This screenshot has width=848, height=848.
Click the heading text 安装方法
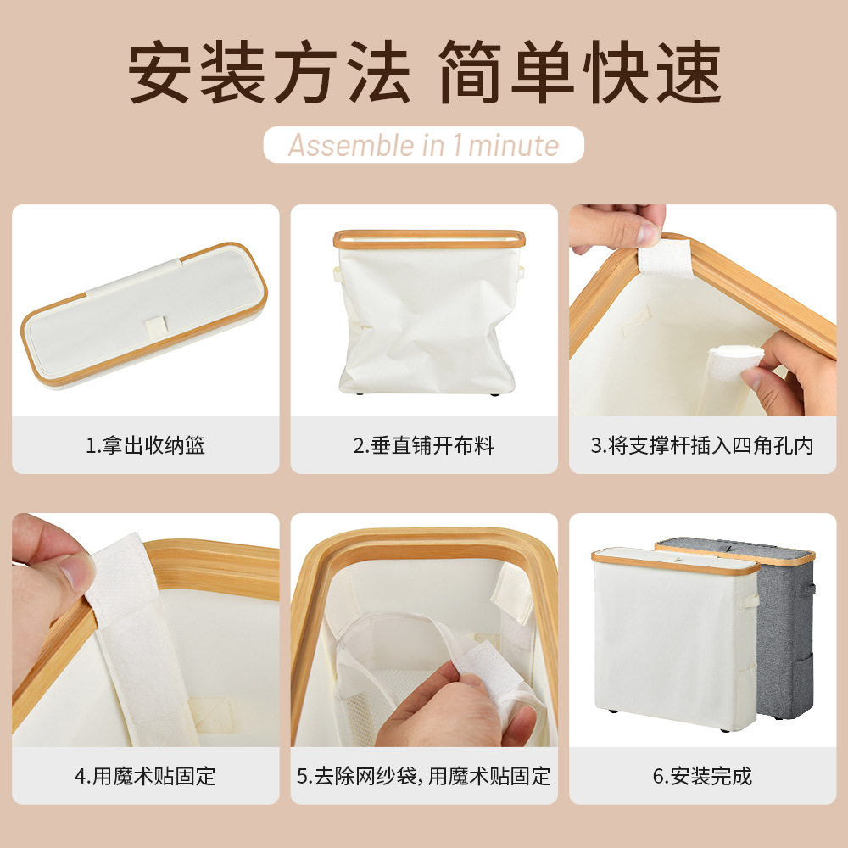(269, 74)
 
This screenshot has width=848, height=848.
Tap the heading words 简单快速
(579, 74)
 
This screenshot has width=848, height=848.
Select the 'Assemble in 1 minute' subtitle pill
(424, 145)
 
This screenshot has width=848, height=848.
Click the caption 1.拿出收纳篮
(145, 445)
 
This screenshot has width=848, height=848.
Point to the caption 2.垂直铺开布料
(424, 445)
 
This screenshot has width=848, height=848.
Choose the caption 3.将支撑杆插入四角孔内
(702, 445)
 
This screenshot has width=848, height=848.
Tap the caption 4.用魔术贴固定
(145, 775)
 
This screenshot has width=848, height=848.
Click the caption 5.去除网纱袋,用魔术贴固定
(424, 775)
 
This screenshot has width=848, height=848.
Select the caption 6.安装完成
(702, 775)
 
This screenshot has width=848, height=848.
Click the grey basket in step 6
(784, 636)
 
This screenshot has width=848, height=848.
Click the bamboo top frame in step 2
(424, 238)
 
